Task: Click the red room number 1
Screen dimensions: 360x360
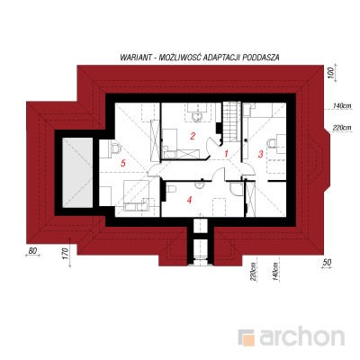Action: pos(227,154)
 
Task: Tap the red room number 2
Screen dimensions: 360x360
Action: pos(193,136)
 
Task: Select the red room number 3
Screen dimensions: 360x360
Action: pos(260,154)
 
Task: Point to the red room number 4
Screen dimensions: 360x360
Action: pos(189,200)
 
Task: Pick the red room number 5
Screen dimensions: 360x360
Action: pos(122,163)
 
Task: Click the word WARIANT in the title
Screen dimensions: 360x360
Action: pos(135,57)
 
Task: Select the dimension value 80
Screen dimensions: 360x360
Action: pos(32,251)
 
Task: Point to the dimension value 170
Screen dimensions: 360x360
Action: pos(67,253)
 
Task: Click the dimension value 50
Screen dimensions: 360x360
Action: pos(327,262)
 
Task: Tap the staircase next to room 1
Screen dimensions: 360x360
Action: pos(231,121)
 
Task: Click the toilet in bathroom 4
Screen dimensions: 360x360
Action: pos(170,190)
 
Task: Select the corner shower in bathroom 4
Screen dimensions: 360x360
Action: pos(237,189)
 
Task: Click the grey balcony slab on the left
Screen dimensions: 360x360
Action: pos(77,173)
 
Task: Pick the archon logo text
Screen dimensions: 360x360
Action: pos(301,337)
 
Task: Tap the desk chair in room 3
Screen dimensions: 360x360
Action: pos(272,143)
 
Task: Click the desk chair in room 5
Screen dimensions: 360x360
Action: pos(115,148)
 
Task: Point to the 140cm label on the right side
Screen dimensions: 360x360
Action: pos(342,106)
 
